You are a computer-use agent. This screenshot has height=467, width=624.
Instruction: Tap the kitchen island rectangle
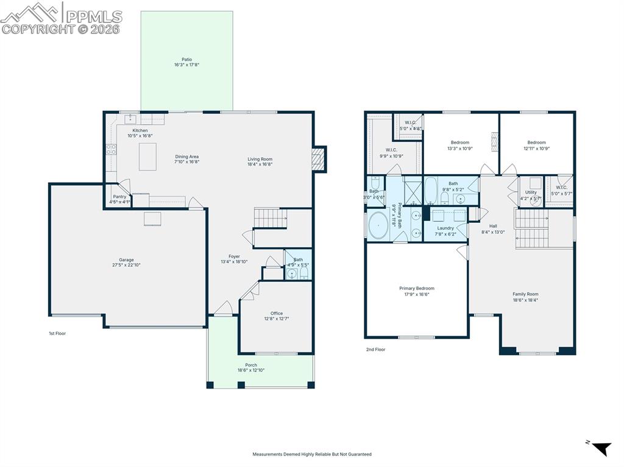pos(147,156)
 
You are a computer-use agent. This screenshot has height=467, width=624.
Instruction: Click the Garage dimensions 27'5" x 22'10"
pos(126,265)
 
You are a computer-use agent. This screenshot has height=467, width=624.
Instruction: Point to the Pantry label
pos(119,197)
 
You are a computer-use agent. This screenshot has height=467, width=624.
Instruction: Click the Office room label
pos(277,314)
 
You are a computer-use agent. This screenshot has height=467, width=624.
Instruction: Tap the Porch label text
pos(251,365)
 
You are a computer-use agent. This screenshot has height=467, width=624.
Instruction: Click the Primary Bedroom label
pos(417,289)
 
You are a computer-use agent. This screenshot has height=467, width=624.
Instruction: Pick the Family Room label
pos(525,294)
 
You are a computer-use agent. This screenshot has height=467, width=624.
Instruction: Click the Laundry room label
pos(445,228)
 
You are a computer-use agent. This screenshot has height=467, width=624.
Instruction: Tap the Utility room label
pos(531,192)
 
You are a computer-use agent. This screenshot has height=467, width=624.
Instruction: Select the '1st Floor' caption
pos(57,334)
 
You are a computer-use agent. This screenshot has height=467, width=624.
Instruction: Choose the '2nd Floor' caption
pos(375,349)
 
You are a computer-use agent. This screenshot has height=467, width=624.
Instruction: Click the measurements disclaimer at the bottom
pos(312,454)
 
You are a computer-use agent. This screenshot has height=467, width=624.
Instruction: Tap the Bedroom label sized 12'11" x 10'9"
pos(537,142)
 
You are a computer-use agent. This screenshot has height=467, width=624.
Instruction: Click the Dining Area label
pos(186,156)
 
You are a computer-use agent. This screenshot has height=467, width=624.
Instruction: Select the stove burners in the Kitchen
pos(111,150)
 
